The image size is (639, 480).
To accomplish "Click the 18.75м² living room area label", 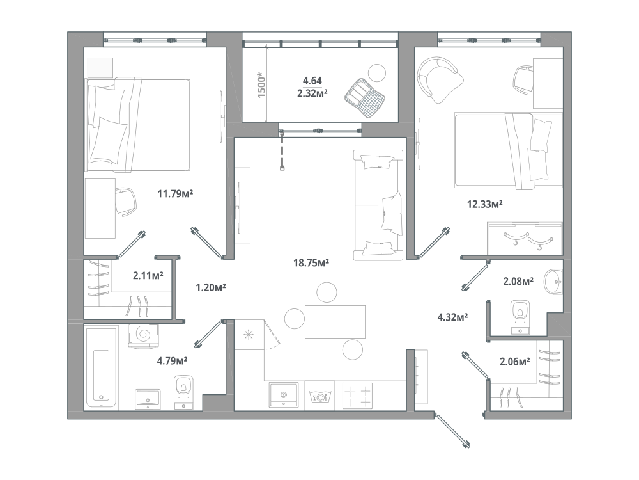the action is point(311,263).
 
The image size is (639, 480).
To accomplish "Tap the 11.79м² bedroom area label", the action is point(175,193).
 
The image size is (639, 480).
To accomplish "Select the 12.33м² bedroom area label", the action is point(484,204).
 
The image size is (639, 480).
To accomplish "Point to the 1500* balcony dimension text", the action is point(261,84).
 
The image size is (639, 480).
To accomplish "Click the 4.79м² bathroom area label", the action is point(172,360).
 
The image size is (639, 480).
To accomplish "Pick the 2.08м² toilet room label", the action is point(518,281).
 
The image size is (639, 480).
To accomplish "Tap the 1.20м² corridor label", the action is point(211,288).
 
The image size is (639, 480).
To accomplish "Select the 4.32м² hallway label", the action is point(452,317).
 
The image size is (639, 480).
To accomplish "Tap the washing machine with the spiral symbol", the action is point(143,336).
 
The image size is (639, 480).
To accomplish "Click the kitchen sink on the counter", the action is point(284,395).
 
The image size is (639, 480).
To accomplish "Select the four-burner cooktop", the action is point(357,396).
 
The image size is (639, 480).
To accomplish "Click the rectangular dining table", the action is point(335,322).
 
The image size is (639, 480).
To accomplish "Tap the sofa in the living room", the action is point(378,205).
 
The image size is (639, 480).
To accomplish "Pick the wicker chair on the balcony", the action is point(365,98).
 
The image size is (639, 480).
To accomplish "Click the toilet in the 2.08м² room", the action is point(520,317).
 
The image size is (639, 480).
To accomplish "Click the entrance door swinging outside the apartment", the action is point(452,431).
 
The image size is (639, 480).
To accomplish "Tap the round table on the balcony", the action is point(377,73).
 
